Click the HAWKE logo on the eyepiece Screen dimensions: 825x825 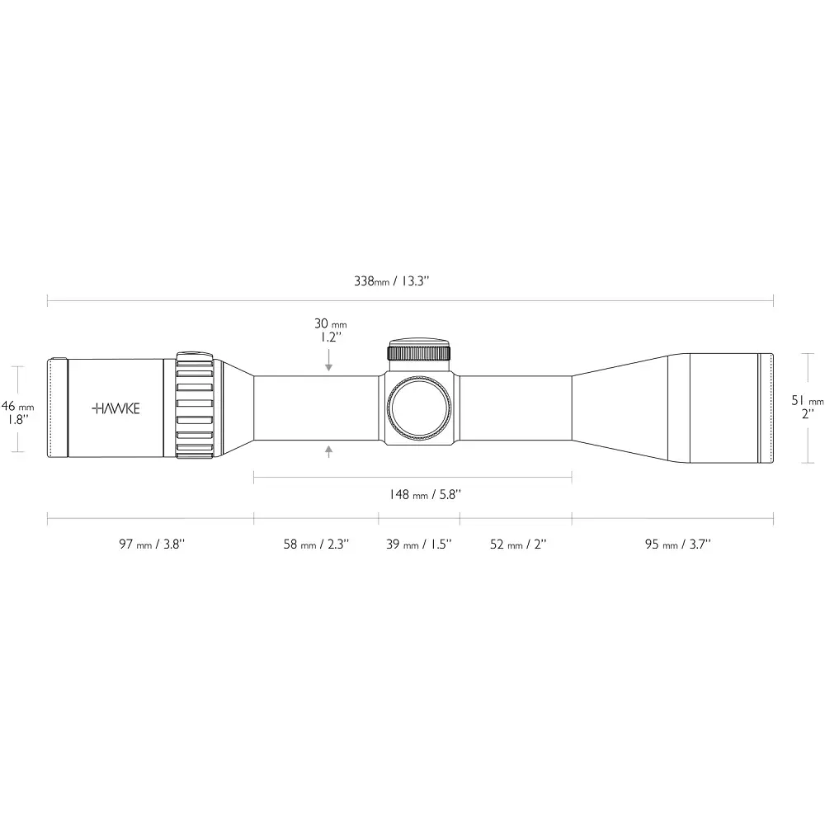click(115, 408)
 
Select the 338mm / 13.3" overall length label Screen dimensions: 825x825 click(392, 281)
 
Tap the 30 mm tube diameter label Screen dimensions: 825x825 click(331, 323)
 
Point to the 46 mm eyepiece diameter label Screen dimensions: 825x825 click(17, 406)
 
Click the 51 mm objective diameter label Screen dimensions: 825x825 click(808, 401)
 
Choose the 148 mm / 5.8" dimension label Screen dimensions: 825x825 click(425, 494)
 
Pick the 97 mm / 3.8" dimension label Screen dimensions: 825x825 click(152, 544)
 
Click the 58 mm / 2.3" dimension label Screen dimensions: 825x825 click(316, 544)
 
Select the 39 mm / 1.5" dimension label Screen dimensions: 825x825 click(419, 544)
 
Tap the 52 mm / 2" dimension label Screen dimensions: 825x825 click(518, 544)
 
